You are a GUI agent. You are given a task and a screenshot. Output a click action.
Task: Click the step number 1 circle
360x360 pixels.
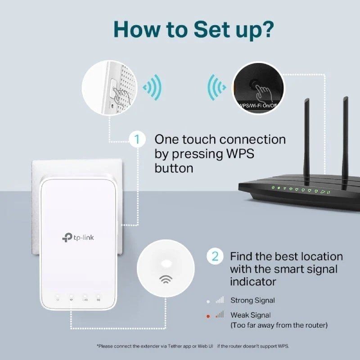click(137, 139)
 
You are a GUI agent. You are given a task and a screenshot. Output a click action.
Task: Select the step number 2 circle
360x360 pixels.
click(215, 256)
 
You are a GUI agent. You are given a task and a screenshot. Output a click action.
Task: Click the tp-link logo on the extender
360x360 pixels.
click(80, 237)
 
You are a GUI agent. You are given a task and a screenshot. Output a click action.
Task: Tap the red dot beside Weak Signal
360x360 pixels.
click(208, 316)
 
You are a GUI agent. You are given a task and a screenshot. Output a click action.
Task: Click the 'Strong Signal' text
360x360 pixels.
click(252, 300)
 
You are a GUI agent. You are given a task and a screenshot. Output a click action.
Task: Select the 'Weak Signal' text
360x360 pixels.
click(251, 315)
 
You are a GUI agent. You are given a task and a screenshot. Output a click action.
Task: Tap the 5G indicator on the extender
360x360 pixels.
click(98, 299)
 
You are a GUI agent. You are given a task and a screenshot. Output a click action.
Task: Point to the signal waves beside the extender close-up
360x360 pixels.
click(152, 87)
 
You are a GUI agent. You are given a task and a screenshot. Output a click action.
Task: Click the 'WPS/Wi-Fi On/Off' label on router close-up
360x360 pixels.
click(259, 106)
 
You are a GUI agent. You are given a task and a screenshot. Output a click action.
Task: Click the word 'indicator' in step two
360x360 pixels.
click(253, 282)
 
